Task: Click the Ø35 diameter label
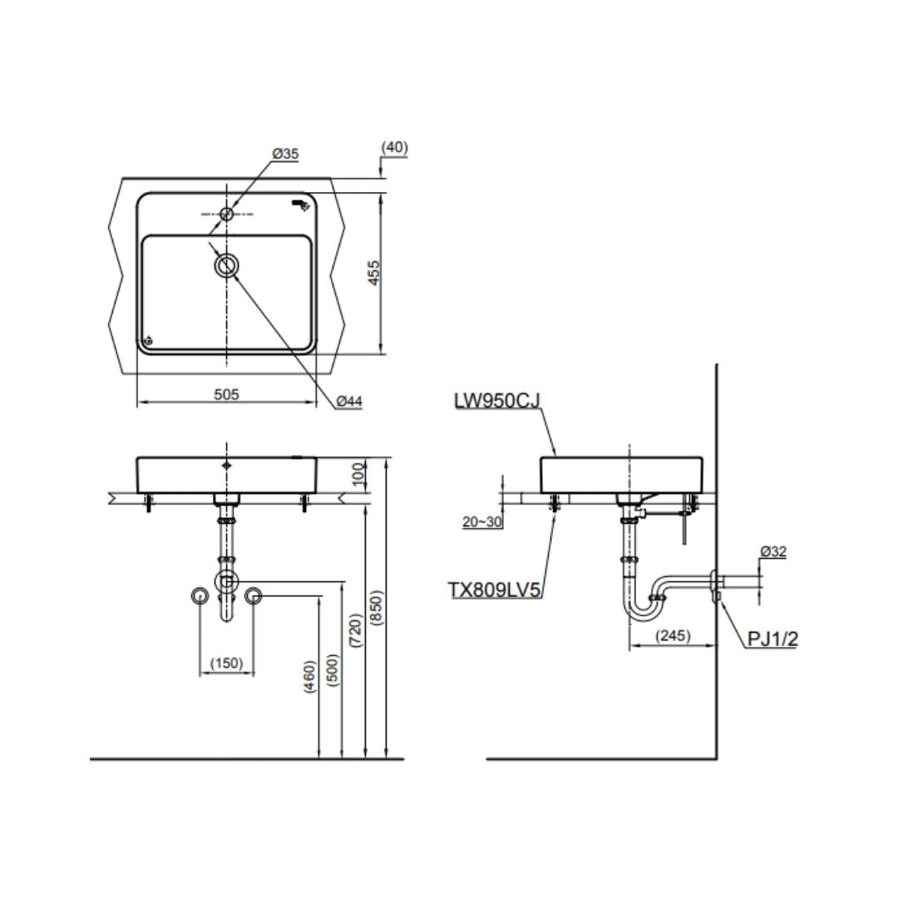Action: click(285, 154)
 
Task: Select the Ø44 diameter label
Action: click(349, 402)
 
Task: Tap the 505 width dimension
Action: click(226, 395)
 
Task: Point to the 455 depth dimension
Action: click(375, 273)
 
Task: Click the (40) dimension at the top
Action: click(394, 148)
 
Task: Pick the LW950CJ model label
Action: click(496, 401)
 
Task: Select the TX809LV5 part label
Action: click(495, 590)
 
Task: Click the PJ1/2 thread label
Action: click(772, 639)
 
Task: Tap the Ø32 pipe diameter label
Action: click(772, 551)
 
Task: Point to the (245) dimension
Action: click(673, 636)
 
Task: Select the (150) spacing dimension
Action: click(226, 664)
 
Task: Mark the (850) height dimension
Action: click(376, 614)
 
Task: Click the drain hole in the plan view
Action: click(226, 266)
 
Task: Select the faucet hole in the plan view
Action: click(226, 214)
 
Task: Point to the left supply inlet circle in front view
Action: click(200, 595)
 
